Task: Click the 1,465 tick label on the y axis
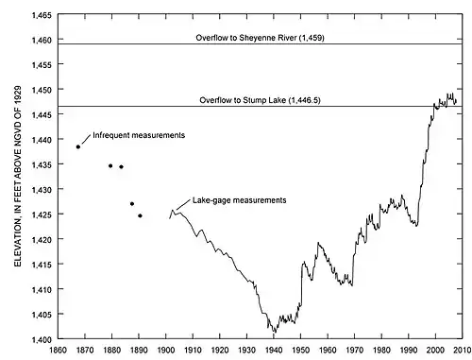(x=42, y=15)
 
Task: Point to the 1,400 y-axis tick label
(x=42, y=339)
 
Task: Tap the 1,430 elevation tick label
(x=42, y=190)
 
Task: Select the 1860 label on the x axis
(x=58, y=350)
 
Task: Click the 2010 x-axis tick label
(x=463, y=350)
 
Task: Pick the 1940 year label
(x=274, y=350)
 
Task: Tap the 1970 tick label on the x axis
(x=355, y=350)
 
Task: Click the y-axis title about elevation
(x=18, y=177)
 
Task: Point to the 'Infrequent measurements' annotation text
(x=139, y=135)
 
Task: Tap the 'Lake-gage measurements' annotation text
(x=240, y=200)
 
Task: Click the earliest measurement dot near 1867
(x=78, y=146)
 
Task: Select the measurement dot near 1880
(x=110, y=166)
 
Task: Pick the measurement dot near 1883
(x=121, y=166)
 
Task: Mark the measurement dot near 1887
(x=132, y=204)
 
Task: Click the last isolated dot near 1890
(x=140, y=215)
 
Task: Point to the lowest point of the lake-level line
(x=275, y=333)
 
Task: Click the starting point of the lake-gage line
(x=169, y=218)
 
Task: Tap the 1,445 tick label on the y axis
(x=42, y=115)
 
